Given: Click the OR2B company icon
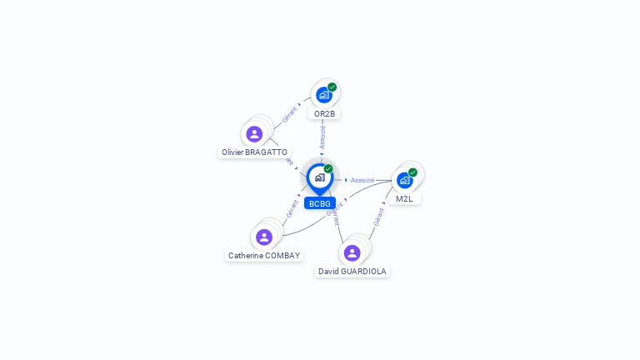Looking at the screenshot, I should click(x=323, y=95).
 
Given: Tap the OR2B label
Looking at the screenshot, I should click(x=324, y=113).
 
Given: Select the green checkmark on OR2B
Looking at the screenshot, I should click(x=332, y=87).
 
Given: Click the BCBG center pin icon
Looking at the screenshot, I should click(x=319, y=177).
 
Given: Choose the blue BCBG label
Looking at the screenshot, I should click(x=319, y=203).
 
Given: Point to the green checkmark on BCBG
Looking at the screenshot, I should click(x=328, y=169).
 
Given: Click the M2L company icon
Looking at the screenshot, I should click(x=404, y=180).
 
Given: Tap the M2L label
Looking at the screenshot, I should click(x=404, y=199).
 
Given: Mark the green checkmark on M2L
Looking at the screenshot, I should click(x=412, y=172).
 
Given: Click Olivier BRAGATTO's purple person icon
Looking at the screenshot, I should click(x=254, y=133).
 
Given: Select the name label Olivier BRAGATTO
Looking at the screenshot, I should click(x=254, y=152).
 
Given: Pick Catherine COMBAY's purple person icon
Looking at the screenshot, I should click(x=264, y=237).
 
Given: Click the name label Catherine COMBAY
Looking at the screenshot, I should click(x=264, y=256).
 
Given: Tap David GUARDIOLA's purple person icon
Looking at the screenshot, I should click(x=352, y=252).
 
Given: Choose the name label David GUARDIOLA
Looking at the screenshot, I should click(x=352, y=272).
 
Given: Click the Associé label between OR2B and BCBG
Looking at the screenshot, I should click(x=322, y=137).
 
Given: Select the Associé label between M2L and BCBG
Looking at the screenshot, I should click(x=362, y=180).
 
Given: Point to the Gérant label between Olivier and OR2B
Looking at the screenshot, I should click(x=290, y=115).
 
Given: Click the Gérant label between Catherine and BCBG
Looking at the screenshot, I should click(x=292, y=209).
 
